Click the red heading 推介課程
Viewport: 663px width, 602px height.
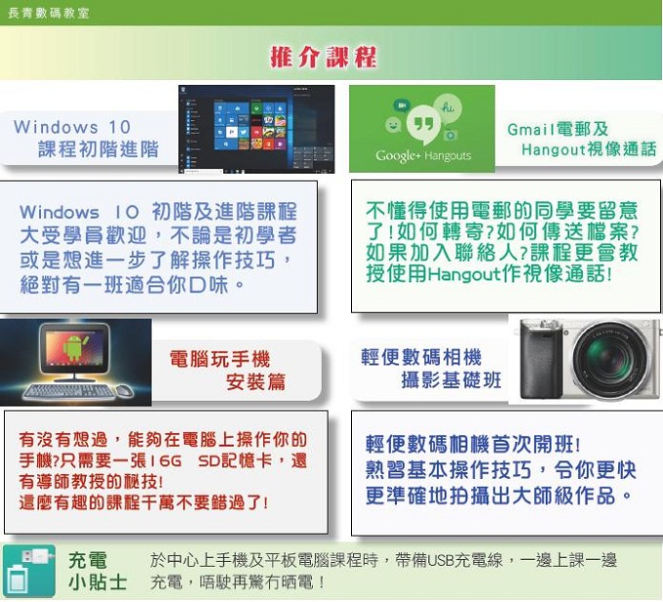tap(324, 57)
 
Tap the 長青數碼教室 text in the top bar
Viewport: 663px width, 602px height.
tap(49, 13)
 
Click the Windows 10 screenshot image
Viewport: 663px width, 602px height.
tap(256, 129)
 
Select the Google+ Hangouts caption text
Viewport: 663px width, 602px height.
tap(423, 156)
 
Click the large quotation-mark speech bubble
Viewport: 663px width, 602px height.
tap(423, 124)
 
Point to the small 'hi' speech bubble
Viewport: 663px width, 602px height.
tap(448, 107)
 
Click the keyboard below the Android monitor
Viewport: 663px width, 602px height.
tap(69, 391)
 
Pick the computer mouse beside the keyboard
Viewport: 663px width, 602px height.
tap(125, 390)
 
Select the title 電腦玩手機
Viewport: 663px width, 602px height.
tap(220, 360)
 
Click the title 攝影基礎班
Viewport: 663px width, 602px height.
tap(451, 380)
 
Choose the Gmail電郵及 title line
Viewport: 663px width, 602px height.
tap(558, 129)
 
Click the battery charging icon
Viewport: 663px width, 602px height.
tap(29, 571)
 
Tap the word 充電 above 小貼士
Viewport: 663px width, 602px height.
tap(88, 561)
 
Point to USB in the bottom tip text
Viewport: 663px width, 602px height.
tap(440, 561)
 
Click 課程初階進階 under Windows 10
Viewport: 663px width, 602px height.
tap(98, 149)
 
